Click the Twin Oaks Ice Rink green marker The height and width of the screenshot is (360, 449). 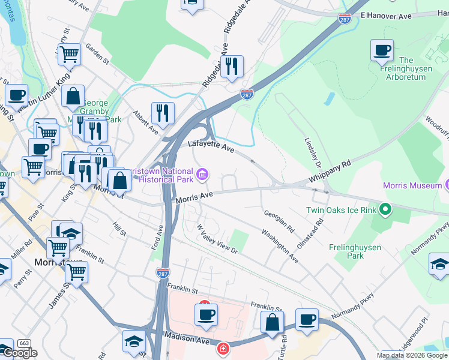pyautogui.click(x=385, y=210)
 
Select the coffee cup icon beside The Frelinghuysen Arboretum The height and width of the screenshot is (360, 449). pyautogui.click(x=382, y=50)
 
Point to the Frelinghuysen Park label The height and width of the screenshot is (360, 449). pyautogui.click(x=346, y=251)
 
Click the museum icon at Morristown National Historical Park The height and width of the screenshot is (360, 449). pyautogui.click(x=203, y=175)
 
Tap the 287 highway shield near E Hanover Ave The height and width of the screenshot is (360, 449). pyautogui.click(x=345, y=19)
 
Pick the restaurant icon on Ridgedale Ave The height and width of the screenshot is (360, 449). pyautogui.click(x=232, y=66)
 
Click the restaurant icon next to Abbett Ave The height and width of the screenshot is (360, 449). pyautogui.click(x=163, y=112)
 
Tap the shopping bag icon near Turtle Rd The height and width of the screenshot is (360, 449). pyautogui.click(x=272, y=322)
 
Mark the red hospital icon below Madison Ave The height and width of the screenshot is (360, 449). pyautogui.click(x=223, y=348)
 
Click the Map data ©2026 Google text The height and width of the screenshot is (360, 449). pyautogui.click(x=412, y=355)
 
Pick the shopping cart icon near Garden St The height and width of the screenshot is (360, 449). pyautogui.click(x=69, y=54)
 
